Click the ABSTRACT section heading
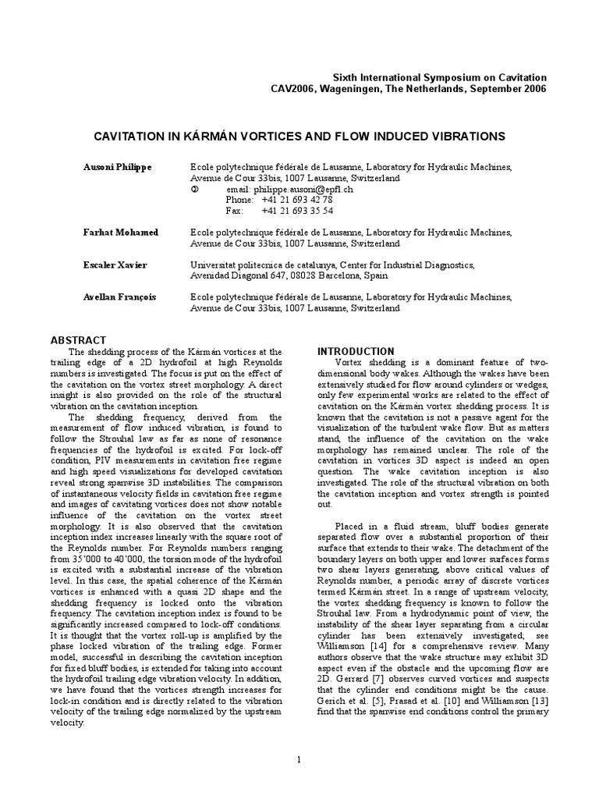tap(78, 340)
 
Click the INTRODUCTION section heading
tap(356, 351)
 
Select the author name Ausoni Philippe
tap(118, 167)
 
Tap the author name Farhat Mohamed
tap(121, 233)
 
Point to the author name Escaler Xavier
tap(115, 265)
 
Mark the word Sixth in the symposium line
tap(346, 78)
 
